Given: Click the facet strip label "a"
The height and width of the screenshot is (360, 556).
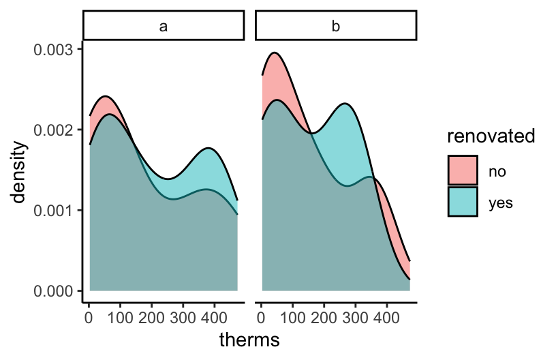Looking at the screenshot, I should coord(163,27).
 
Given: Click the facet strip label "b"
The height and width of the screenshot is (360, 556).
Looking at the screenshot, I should coord(335,27).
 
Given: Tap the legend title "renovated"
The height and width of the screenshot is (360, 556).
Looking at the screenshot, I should coord(491,136).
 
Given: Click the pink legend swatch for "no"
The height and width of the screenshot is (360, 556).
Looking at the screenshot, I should coord(463,170).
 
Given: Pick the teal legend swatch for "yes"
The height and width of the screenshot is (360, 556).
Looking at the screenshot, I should coord(463,201).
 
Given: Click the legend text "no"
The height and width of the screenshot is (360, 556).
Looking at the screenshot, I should coord(497,170).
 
